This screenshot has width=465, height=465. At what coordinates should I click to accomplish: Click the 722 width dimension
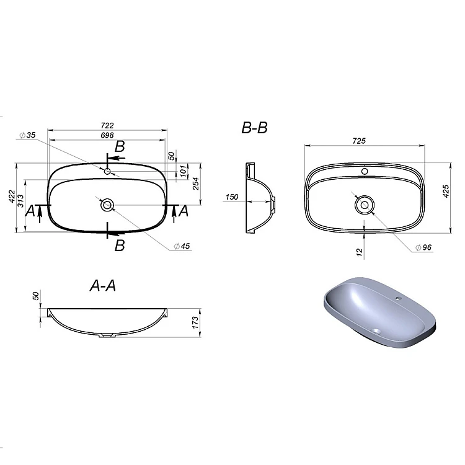107,126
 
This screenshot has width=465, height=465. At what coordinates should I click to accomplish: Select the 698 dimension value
107,135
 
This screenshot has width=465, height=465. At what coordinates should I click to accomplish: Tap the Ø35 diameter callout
27,135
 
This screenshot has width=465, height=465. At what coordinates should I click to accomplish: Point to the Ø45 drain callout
182,246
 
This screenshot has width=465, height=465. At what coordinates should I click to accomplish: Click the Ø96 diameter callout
423,247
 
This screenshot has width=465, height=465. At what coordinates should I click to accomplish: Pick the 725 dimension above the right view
359,141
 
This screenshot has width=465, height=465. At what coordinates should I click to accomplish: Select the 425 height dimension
446,192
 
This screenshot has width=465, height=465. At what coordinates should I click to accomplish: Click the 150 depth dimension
232,197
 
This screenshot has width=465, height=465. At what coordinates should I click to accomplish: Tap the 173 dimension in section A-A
195,322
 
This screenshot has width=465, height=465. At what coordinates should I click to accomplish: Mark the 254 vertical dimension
196,184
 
